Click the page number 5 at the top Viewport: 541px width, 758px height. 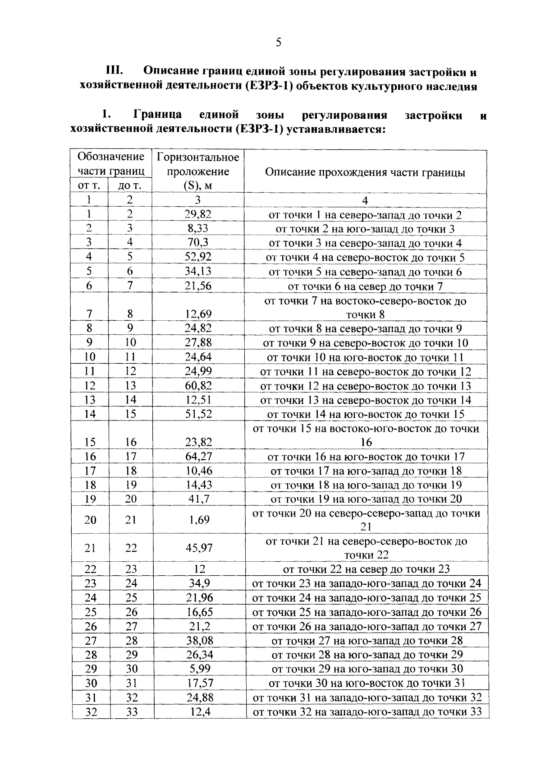[x=278, y=42]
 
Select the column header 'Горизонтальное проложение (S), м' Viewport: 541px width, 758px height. [x=198, y=171]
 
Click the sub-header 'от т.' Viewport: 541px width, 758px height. [x=89, y=185]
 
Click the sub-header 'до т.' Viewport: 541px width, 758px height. [x=130, y=185]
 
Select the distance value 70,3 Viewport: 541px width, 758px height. [x=198, y=243]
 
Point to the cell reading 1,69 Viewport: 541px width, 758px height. [x=199, y=520]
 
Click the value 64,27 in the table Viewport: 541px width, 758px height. [x=199, y=456]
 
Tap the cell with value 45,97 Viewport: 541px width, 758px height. [x=199, y=548]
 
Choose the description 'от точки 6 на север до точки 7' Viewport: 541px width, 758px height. [x=365, y=286]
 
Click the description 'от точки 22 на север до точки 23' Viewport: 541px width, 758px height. [x=366, y=569]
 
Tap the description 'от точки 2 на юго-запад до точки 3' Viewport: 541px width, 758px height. [x=365, y=229]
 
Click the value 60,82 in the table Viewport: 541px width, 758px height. [x=198, y=386]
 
